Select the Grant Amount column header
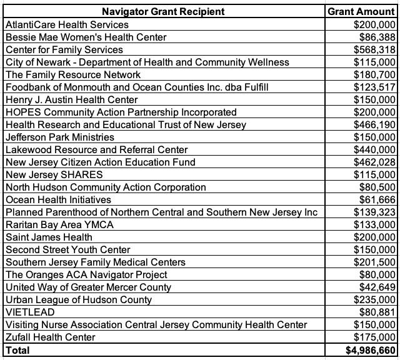(x=362, y=12)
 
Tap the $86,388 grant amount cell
(x=377, y=37)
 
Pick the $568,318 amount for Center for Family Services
(x=374, y=49)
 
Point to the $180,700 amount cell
(x=374, y=74)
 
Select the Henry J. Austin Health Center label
(x=71, y=99)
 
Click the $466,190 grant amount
(x=374, y=124)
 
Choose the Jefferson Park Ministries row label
(x=60, y=137)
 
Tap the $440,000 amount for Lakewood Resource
(x=374, y=149)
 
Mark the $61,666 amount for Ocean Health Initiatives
(x=377, y=199)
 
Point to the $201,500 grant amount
(x=374, y=262)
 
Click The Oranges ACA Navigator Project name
(x=86, y=274)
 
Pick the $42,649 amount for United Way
(x=377, y=287)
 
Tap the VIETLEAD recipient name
(x=30, y=312)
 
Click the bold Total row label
(x=17, y=350)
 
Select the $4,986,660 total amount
(x=371, y=350)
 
